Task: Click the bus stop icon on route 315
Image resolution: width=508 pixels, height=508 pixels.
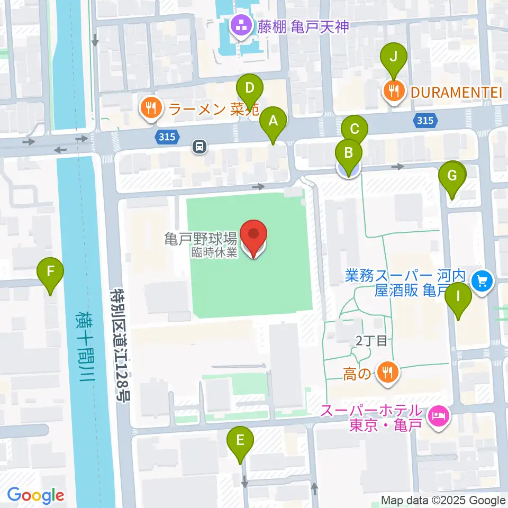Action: (199, 146)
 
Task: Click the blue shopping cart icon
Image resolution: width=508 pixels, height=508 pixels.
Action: (483, 280)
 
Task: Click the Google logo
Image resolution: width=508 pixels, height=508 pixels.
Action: (35, 496)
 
